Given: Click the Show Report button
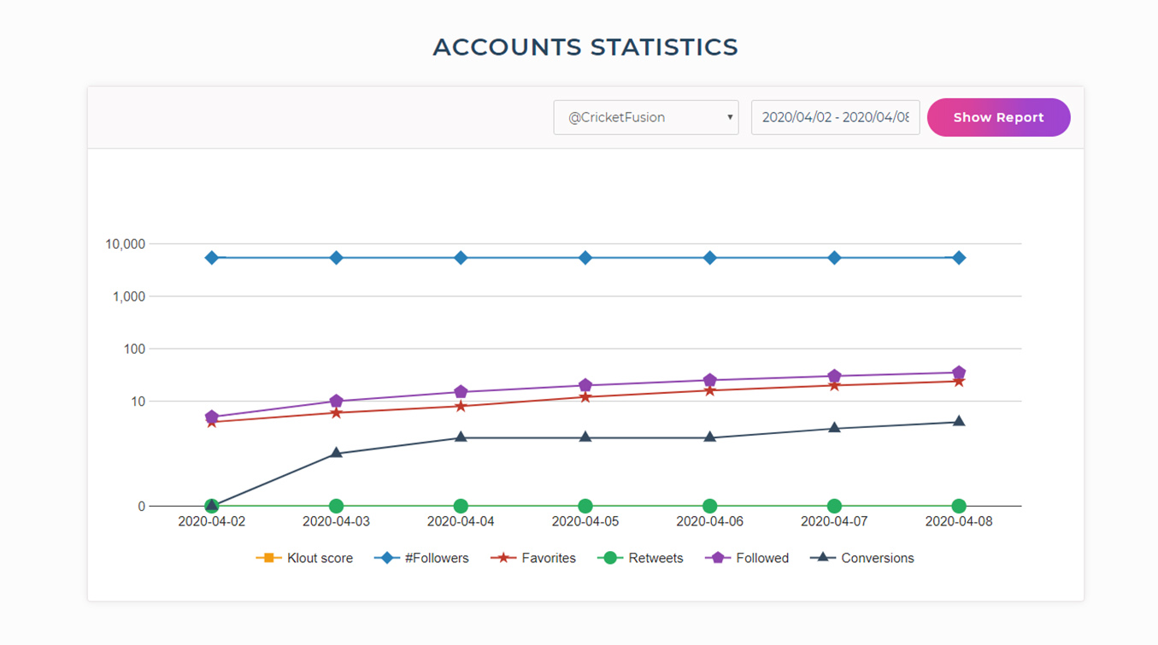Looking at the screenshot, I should (998, 118).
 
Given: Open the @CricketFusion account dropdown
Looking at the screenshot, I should (645, 118).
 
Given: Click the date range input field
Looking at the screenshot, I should (834, 118).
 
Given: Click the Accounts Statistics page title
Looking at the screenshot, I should (585, 47).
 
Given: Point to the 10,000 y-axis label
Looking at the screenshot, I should (125, 244).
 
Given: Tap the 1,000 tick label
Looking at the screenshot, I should (129, 296).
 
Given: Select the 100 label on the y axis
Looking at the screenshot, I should (134, 349).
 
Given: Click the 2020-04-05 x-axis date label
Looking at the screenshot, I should (585, 521).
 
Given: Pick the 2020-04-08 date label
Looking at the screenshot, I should (959, 521).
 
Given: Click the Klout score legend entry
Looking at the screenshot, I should (304, 558).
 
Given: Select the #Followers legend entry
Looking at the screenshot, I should (422, 558).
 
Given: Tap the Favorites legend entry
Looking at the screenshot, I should (533, 558).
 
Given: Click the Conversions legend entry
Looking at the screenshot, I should (862, 558).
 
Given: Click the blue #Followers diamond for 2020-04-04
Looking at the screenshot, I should (461, 258).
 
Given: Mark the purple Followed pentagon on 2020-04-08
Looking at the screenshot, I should (959, 372).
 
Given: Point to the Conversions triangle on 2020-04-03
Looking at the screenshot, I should (337, 453).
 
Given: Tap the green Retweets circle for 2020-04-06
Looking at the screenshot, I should (710, 506).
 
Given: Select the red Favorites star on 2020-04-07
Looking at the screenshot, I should (834, 385).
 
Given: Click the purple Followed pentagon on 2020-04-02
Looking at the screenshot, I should (212, 417).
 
